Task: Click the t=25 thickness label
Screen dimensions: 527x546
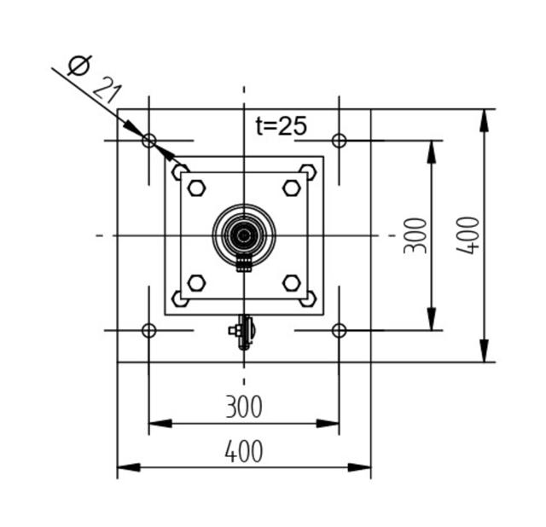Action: pos(281,125)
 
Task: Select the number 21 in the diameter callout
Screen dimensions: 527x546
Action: pos(107,88)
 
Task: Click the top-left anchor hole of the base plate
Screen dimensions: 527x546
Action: pos(149,140)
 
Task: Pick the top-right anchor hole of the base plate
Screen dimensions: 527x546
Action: pos(339,140)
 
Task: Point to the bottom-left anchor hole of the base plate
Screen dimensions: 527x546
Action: pos(149,330)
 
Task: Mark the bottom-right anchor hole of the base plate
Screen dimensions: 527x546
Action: pos(339,330)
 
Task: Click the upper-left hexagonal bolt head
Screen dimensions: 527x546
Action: pos(197,188)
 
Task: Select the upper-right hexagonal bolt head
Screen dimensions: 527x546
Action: pos(292,188)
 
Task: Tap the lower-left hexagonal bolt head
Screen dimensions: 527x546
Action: pos(197,282)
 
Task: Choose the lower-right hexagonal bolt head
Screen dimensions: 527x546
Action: pos(292,282)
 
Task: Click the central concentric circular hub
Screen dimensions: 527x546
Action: pos(244,235)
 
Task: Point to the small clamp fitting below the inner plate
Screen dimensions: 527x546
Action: pos(243,332)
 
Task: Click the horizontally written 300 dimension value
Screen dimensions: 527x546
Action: pos(244,407)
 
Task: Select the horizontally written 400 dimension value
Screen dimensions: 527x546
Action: pos(244,451)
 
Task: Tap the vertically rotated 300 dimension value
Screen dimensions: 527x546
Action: pos(415,235)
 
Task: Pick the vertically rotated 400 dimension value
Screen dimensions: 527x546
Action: pos(468,235)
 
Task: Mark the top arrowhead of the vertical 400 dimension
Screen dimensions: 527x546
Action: pos(485,120)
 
